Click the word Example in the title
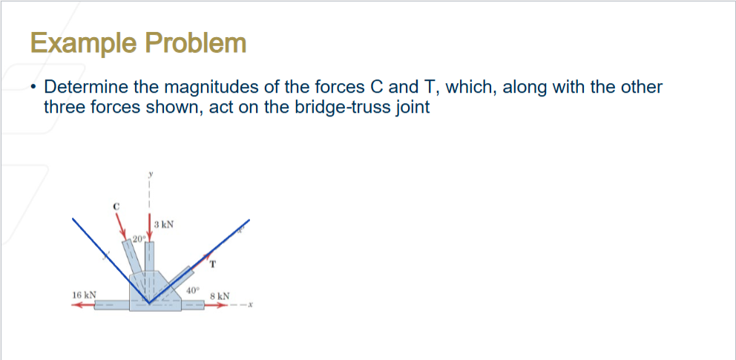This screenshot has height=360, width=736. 82,43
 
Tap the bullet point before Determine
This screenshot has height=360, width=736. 33,88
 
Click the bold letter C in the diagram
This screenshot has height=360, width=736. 116,206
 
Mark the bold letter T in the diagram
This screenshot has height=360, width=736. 213,264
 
